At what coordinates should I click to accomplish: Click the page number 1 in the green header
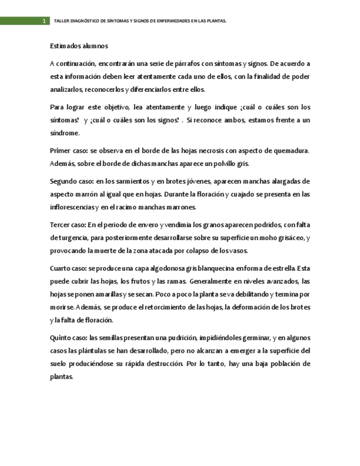click(45, 21)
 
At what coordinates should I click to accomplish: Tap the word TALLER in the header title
click(61, 21)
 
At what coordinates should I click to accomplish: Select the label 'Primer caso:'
click(69, 150)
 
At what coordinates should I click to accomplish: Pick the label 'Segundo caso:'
click(71, 181)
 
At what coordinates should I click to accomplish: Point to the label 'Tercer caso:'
click(68, 224)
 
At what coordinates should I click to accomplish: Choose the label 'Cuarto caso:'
click(68, 268)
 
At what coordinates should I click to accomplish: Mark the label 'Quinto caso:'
click(69, 338)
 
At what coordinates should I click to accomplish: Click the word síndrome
click(65, 133)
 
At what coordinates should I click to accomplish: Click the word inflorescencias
click(72, 207)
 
